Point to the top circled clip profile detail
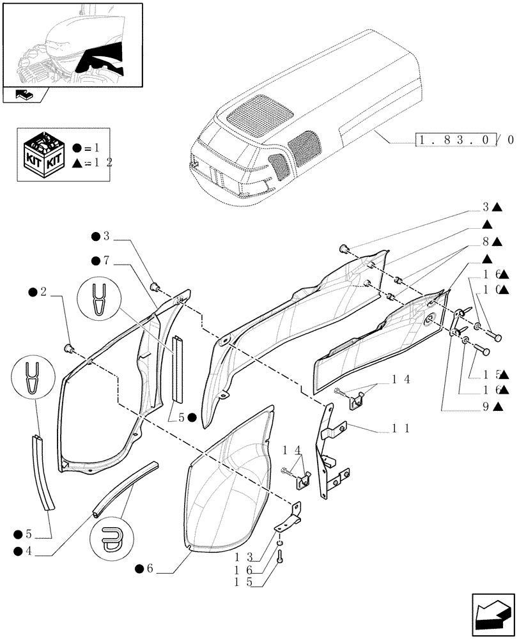pyautogui.click(x=98, y=298)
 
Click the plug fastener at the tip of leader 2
pyautogui.click(x=68, y=347)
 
